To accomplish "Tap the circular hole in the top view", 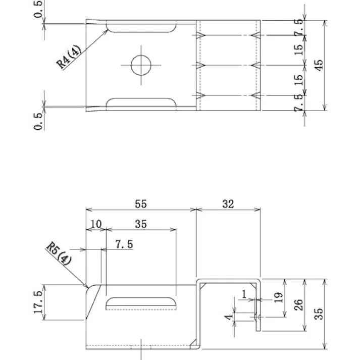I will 141,65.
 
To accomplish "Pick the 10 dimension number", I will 95,224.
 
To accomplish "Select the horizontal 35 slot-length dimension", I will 141,224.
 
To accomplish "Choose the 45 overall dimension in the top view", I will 319,65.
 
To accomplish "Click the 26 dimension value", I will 298,305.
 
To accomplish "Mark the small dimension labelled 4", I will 229,317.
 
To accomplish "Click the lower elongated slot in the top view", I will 141,103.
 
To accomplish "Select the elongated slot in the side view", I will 141,303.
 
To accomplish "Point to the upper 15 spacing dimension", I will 299,49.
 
